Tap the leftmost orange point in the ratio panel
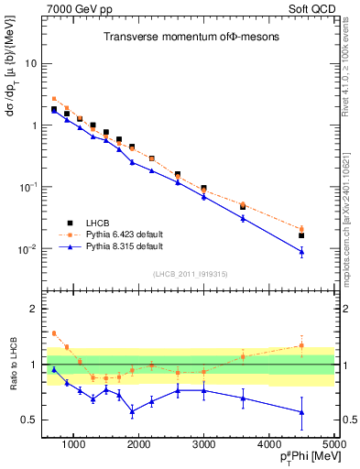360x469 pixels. pyautogui.click(x=54, y=333)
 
